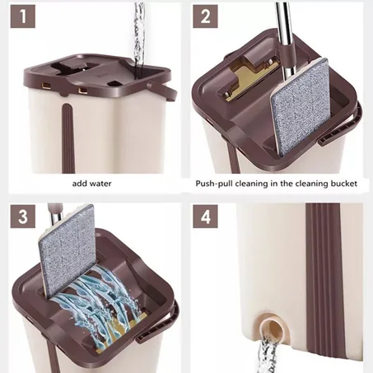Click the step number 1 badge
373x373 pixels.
(x=23, y=16)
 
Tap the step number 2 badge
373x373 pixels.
(x=205, y=16)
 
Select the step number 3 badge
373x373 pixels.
(x=23, y=216)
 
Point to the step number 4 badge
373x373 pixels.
(x=205, y=216)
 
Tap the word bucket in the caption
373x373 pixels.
(x=344, y=184)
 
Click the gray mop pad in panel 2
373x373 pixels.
(x=301, y=106)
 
